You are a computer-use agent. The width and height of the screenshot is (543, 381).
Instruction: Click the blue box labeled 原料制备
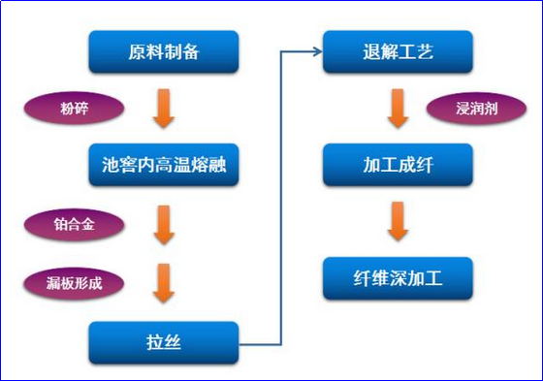click(164, 51)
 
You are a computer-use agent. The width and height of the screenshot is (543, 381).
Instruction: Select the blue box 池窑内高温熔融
click(164, 165)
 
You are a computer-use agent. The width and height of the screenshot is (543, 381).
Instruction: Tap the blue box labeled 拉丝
click(164, 343)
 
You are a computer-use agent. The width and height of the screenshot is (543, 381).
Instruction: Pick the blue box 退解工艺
click(397, 51)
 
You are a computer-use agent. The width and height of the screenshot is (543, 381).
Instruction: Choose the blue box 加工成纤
click(397, 164)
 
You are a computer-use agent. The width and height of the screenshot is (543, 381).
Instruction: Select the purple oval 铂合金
click(75, 225)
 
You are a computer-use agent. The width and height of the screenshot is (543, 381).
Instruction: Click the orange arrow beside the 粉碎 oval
click(164, 109)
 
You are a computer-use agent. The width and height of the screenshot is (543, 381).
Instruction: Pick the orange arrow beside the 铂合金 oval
click(164, 225)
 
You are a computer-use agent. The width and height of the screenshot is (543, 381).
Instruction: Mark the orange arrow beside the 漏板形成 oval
click(164, 283)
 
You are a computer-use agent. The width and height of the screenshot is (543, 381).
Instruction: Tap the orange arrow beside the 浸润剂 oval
click(397, 108)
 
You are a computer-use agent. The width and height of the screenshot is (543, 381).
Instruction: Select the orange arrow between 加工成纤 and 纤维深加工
click(397, 221)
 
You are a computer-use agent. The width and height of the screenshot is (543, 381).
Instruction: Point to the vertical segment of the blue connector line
click(281, 194)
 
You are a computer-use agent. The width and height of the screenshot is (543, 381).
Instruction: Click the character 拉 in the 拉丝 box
click(153, 343)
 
